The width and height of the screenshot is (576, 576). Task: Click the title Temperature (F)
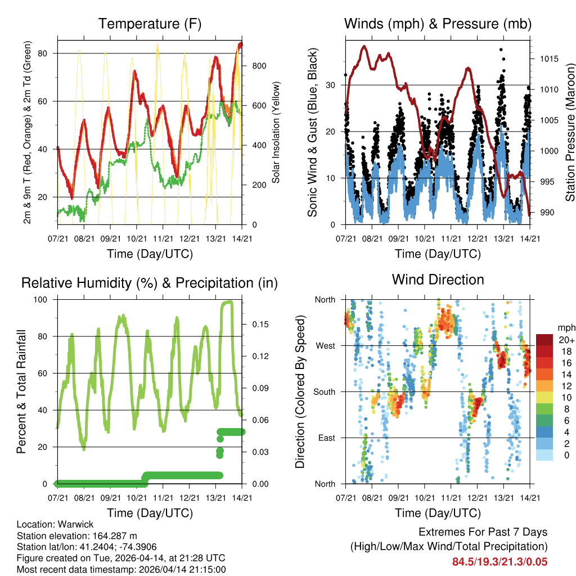(x=150, y=24)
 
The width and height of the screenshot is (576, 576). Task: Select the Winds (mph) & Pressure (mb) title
(x=438, y=24)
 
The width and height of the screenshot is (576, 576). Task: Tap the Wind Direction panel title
(x=438, y=280)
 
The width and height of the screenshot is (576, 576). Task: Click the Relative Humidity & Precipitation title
(x=150, y=283)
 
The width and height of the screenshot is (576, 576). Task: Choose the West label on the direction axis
(x=325, y=345)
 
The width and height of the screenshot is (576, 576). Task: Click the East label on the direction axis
(x=326, y=438)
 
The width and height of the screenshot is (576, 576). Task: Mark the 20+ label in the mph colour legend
(x=565, y=340)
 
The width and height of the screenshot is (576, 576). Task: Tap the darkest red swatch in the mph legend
(x=544, y=340)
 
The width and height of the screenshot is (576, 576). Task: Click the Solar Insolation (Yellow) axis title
(x=276, y=132)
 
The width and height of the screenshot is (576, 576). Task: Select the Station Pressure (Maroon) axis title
(x=570, y=132)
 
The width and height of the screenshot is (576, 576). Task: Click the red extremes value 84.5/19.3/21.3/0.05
(x=499, y=562)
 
